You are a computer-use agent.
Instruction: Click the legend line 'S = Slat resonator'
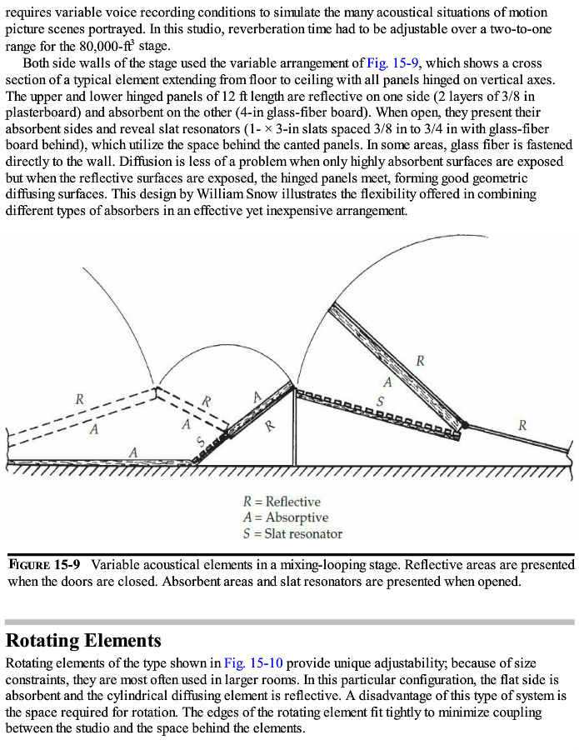(292, 533)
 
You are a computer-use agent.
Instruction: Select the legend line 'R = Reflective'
(281, 502)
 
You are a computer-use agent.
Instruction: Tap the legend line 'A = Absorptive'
(285, 517)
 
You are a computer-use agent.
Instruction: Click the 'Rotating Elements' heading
(83, 641)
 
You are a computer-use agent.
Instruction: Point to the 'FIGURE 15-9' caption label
(44, 564)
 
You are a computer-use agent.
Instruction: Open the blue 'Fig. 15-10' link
(254, 663)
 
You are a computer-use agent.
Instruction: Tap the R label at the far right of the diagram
(522, 425)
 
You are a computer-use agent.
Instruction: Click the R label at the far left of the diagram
(80, 398)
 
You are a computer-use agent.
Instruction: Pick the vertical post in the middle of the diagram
(293, 425)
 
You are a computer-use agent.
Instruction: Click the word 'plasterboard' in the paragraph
(42, 112)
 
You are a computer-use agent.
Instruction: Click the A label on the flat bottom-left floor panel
(132, 451)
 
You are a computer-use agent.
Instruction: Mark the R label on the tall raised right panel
(421, 361)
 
